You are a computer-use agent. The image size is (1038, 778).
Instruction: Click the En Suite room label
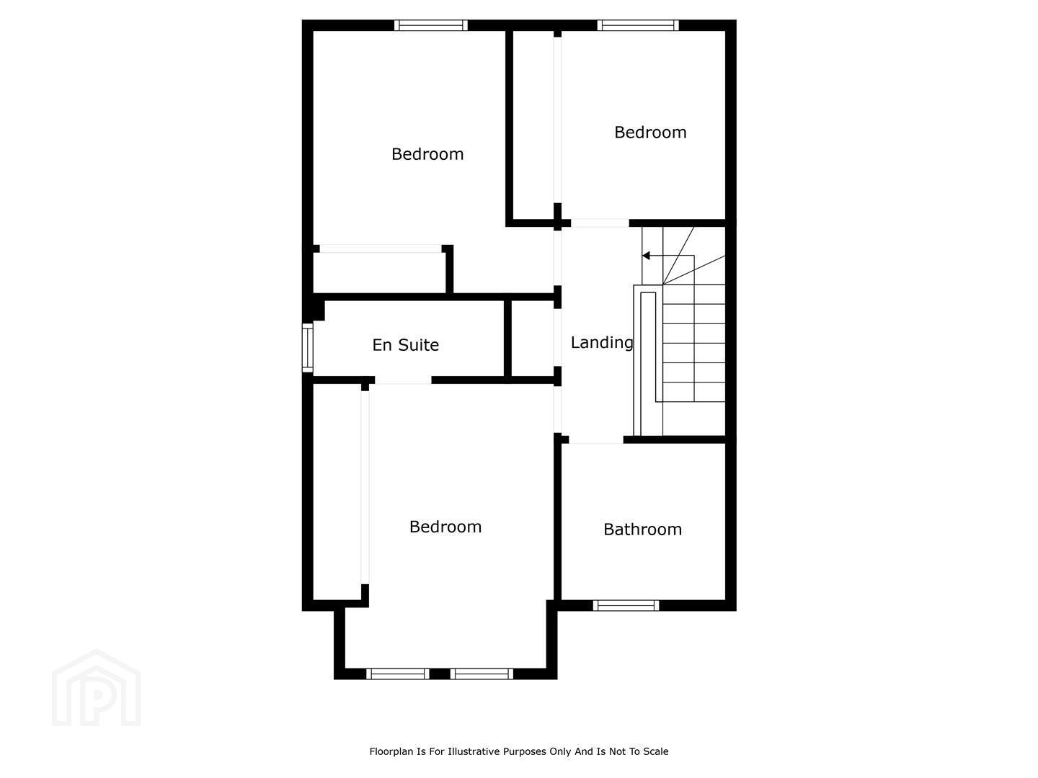(405, 345)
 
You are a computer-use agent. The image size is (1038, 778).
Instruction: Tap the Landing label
(601, 342)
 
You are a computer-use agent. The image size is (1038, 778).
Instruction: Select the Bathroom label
(643, 529)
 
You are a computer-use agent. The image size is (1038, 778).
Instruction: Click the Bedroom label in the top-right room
(650, 133)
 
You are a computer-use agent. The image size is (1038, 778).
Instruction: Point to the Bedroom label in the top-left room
(427, 154)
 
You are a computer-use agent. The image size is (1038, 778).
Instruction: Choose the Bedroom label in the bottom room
(445, 527)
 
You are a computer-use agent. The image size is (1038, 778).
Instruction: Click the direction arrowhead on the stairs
(645, 256)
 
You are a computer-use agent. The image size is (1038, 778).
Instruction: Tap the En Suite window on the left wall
(307, 347)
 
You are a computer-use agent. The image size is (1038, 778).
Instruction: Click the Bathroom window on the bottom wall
(626, 605)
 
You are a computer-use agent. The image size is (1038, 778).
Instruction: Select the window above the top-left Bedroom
(431, 25)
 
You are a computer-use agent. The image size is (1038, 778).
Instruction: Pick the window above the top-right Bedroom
(637, 25)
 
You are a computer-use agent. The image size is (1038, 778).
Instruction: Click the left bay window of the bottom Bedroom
(398, 674)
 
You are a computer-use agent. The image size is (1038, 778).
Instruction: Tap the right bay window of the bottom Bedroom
(482, 674)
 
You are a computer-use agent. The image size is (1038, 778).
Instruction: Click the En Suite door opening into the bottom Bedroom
(403, 380)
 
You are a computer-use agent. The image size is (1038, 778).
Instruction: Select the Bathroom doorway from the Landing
(596, 439)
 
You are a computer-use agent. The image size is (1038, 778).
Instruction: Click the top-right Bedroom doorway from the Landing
(600, 223)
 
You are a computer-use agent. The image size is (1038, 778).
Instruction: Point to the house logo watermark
(96, 688)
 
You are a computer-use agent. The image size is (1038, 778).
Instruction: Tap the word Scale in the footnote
(655, 751)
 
